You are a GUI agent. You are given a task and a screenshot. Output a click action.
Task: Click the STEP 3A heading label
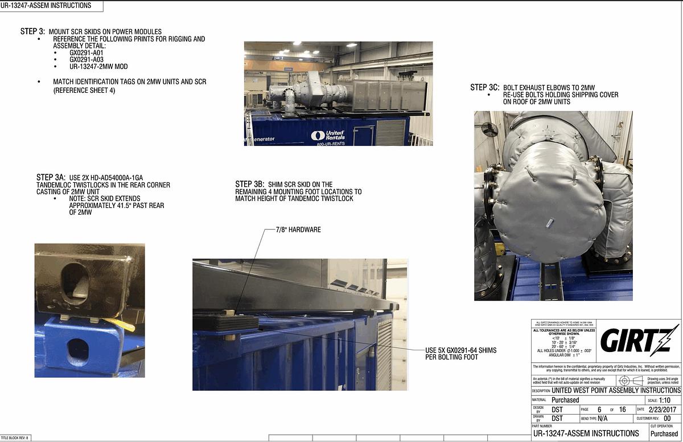pos(51,178)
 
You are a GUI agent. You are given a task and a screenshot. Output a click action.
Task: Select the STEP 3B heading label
pos(249,185)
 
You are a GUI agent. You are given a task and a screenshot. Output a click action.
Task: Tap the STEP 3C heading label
pos(484,87)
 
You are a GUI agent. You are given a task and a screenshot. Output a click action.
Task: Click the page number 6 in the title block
pos(599,410)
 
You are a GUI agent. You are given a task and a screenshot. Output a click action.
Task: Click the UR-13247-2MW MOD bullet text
pos(98,67)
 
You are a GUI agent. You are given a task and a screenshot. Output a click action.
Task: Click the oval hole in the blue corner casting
pos(76,351)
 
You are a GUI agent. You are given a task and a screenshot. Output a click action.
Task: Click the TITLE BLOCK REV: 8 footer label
pos(15,437)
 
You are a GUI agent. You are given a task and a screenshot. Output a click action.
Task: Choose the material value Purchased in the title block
pos(565,400)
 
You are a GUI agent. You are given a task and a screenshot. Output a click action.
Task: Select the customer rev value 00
pos(667,419)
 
